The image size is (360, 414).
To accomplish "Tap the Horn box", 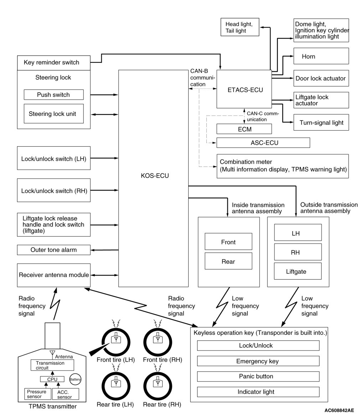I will tap(321, 56).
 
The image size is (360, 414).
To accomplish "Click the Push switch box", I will tap(53, 95).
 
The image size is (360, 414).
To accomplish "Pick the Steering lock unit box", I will tap(53, 114).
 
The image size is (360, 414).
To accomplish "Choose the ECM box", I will tap(244, 129).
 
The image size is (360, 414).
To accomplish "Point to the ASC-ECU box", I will tap(263, 143).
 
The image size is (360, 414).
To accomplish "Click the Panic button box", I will tap(258, 376).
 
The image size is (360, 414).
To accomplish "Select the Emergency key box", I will tap(258, 361).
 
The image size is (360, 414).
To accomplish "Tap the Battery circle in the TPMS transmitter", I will tap(75, 380).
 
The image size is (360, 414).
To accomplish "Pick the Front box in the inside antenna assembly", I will tap(228, 242).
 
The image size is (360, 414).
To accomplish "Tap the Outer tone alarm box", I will tap(53, 250).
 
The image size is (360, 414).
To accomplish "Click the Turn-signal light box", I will tap(321, 123).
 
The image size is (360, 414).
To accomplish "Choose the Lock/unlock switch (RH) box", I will tap(53, 190).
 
